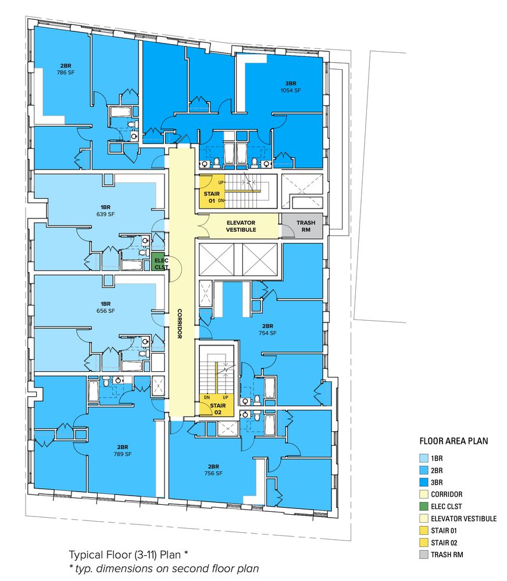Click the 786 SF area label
click(x=66, y=73)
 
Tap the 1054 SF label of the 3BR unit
click(x=291, y=91)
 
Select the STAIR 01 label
click(x=212, y=197)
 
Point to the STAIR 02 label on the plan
click(x=217, y=408)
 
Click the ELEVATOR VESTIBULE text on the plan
click(x=241, y=226)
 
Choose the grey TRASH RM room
click(x=303, y=226)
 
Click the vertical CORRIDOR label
click(x=180, y=324)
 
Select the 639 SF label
click(x=106, y=214)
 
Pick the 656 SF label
click(x=106, y=311)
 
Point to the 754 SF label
click(x=268, y=333)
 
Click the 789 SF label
click(x=123, y=454)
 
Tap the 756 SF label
click(x=213, y=473)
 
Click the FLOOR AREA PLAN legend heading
click(x=454, y=441)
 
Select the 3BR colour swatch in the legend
click(x=424, y=482)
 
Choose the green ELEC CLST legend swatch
click(x=424, y=507)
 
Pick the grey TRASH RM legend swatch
click(x=424, y=555)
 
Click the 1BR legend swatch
click(x=424, y=458)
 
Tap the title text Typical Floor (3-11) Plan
click(x=125, y=555)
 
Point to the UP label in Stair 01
click(x=221, y=182)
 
